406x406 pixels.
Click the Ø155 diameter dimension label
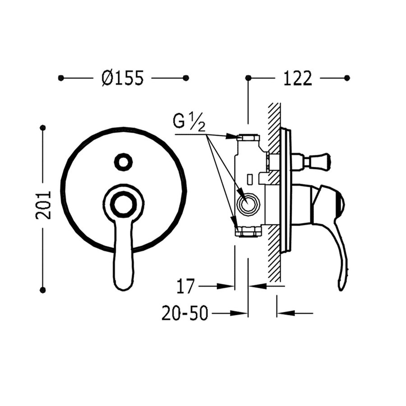click(123, 78)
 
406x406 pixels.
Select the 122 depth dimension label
click(297, 78)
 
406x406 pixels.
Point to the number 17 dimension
click(185, 286)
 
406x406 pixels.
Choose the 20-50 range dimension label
click(185, 314)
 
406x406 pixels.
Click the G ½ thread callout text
click(189, 122)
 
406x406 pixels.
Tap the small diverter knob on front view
click(123, 161)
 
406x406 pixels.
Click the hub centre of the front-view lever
click(123, 204)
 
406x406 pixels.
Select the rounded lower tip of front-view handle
click(123, 282)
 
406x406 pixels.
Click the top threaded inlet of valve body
click(248, 138)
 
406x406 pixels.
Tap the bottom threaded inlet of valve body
click(248, 232)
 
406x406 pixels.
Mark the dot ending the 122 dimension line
click(347, 78)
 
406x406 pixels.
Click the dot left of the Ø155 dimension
click(61, 78)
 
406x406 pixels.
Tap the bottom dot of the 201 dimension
click(43, 290)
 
